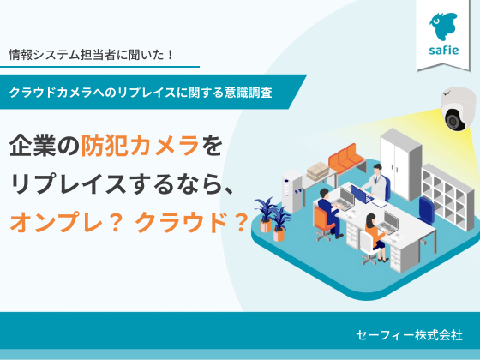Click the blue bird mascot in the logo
[443, 27]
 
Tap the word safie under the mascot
[444, 51]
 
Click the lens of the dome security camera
[453, 121]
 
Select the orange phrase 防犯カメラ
[141, 146]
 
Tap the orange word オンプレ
[56, 223]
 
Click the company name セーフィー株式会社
[409, 335]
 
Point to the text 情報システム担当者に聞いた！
[91, 55]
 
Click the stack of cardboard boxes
[317, 171]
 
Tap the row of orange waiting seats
[345, 159]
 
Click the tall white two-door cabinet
[400, 163]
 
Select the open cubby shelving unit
[444, 197]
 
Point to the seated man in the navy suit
[329, 212]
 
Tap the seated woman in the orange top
[375, 237]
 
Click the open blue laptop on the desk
[362, 195]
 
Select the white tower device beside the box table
[291, 191]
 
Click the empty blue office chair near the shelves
[426, 211]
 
